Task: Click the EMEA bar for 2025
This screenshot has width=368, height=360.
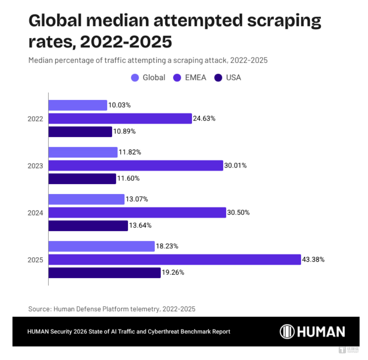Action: (175, 260)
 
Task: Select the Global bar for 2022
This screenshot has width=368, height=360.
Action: (78, 105)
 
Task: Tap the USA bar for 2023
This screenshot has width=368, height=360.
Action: (82, 179)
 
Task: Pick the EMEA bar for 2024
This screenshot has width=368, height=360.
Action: (137, 213)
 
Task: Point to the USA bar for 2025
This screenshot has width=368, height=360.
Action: (105, 273)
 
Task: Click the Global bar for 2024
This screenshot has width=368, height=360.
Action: (87, 199)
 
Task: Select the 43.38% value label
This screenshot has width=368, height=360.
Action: (314, 260)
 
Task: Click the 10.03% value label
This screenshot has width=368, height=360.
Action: (120, 105)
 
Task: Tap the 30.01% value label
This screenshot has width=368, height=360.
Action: (236, 166)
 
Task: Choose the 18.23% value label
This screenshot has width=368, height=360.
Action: (167, 246)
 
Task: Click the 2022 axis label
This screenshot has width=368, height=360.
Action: (36, 119)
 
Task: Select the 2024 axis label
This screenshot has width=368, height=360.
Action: (36, 213)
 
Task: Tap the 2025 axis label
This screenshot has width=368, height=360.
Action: (36, 260)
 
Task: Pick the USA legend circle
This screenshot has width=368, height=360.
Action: (219, 78)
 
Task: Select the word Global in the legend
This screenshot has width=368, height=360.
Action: (154, 78)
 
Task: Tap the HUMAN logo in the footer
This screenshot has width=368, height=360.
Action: (312, 332)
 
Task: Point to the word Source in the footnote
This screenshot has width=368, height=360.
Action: (40, 309)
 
